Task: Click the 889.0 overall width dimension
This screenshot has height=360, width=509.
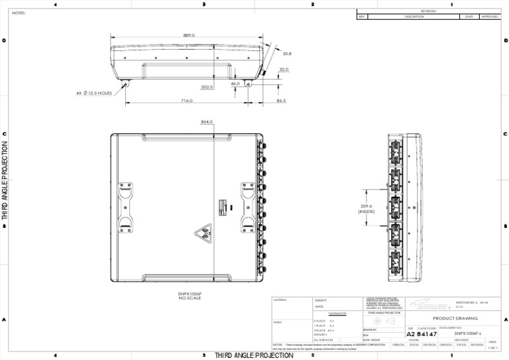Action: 189,35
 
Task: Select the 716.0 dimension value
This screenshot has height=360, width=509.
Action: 187,101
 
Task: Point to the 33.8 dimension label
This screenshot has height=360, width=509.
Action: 286,53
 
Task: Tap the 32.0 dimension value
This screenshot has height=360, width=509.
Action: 284,69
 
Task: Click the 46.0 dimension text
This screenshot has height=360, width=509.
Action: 235,84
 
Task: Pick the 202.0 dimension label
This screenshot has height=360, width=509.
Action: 206,87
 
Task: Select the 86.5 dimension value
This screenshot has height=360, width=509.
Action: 281,101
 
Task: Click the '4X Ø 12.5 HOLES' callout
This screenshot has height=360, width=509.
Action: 93,93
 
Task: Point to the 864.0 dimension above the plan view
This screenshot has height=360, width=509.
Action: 206,122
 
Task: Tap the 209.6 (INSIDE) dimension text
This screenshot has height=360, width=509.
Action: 367,209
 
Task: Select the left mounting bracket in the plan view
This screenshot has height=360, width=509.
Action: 125,208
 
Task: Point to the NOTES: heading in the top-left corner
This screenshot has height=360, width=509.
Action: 18,13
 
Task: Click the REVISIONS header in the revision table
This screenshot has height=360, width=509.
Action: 428,11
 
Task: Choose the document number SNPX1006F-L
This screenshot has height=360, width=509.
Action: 468,333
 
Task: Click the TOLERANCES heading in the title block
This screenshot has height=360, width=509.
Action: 328,314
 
